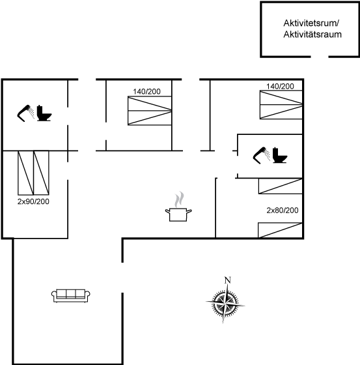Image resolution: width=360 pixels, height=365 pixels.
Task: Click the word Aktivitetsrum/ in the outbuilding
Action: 311,23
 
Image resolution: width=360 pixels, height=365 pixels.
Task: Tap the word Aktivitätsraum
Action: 312,35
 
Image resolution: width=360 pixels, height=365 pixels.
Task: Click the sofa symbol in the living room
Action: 71,296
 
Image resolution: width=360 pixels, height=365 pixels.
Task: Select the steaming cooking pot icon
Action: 178,207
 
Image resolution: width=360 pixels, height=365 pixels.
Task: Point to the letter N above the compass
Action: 227,280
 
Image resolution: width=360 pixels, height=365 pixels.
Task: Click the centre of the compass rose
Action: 225,304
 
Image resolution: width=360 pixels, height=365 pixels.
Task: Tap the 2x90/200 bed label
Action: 33,201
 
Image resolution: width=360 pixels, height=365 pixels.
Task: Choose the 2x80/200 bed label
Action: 283,210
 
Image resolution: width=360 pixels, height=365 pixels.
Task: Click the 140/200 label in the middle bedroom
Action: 146,91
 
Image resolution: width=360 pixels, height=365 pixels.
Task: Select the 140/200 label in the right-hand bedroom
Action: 280,86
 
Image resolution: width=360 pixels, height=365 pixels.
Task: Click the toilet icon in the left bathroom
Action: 44,113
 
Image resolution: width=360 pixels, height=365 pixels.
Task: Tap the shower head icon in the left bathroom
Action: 25,113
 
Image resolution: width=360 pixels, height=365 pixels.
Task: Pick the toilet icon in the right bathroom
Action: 280,155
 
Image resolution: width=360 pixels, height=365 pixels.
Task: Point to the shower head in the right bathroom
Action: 262,155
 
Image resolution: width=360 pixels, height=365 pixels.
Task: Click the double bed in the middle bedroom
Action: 150,111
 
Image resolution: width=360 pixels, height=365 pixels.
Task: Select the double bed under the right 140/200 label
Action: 281,105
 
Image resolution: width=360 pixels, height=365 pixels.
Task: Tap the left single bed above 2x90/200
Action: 25,173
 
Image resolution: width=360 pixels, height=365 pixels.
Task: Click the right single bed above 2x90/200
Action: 41,173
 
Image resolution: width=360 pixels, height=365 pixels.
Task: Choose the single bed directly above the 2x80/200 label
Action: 281,186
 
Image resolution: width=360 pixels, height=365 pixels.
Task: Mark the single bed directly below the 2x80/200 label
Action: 280,230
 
